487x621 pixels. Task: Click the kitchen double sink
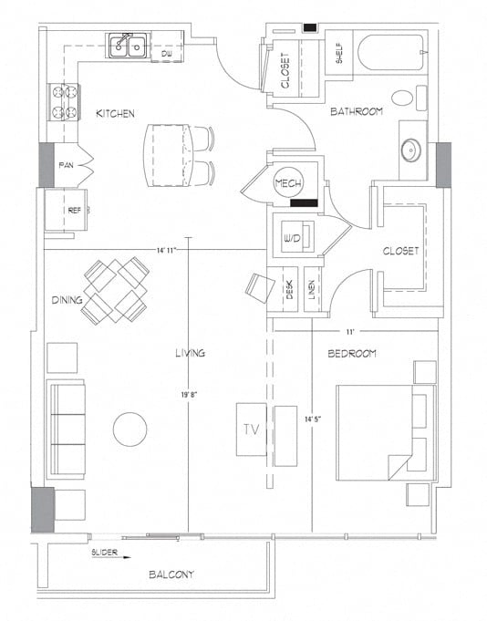pos(128,45)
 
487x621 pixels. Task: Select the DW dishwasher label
pos(167,56)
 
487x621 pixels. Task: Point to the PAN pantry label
pos(66,165)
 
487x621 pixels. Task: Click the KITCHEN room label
pos(115,113)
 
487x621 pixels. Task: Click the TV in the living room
pos(250,429)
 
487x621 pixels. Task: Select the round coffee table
pos(130,430)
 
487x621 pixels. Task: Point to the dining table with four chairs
pos(116,289)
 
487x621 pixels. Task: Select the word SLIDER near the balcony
pos(106,554)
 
